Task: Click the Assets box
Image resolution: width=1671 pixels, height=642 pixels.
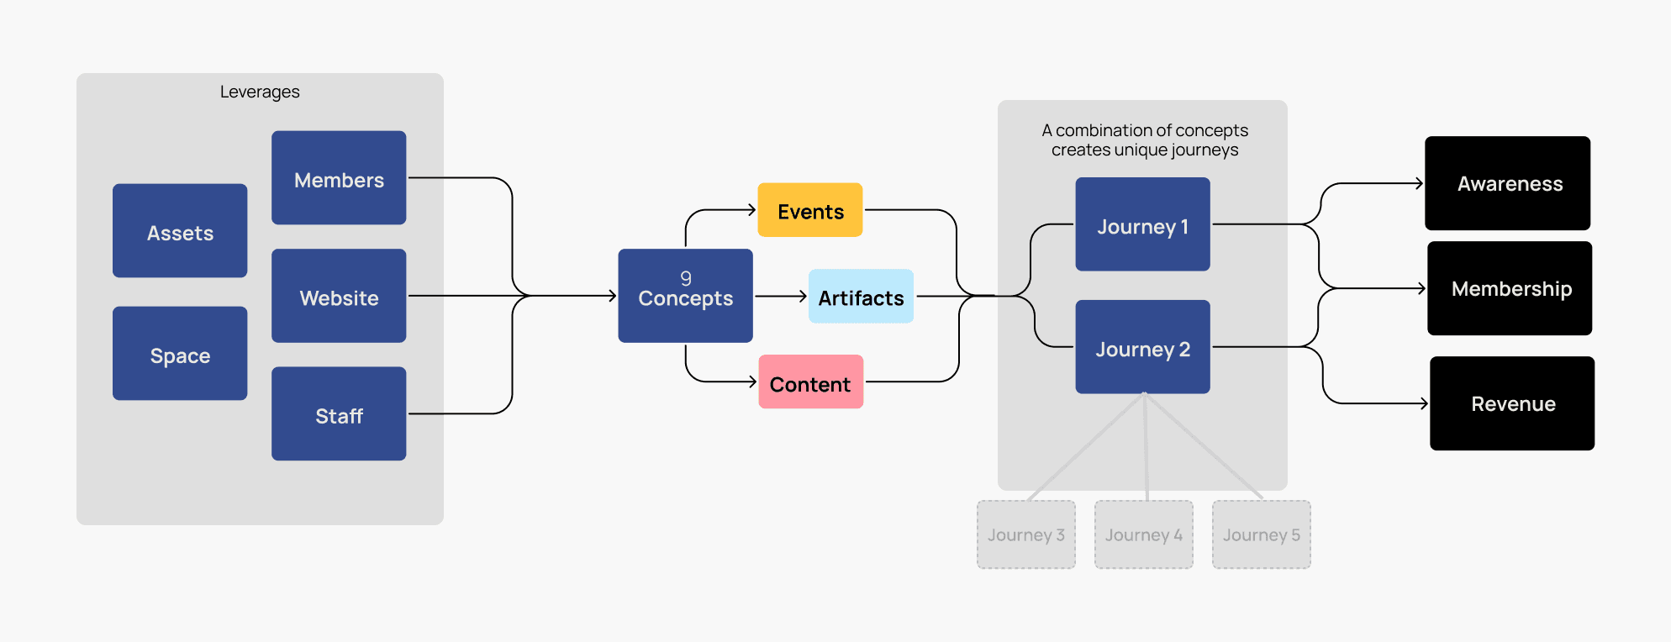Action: pos(180,231)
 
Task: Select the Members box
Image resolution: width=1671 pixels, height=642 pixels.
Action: pos(339,178)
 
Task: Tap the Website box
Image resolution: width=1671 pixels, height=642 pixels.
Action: pos(339,296)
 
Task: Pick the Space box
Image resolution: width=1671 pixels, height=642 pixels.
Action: pos(180,354)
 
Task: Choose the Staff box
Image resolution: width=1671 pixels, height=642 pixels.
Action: pos(339,414)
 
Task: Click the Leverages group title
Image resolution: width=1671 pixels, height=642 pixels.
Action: pos(260,92)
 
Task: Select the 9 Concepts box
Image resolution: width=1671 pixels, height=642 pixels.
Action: pos(685,296)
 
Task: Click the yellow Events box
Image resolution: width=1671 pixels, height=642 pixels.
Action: pos(810,210)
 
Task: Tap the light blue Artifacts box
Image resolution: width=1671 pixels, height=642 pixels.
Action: pos(861,297)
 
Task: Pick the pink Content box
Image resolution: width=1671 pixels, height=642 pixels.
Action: pos(810,382)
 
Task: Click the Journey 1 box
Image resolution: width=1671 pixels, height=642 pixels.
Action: pos(1142,224)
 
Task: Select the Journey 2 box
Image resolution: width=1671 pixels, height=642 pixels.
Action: pos(1142,347)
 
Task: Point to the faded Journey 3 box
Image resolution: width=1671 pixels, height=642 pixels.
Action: pos(1025,535)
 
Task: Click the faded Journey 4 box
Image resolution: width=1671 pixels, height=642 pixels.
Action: pos(1143,535)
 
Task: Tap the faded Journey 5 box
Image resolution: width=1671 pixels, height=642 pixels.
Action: pos(1261,535)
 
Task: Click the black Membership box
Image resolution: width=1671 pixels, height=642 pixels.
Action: pos(1510,288)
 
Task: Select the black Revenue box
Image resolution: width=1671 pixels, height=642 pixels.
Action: pos(1512,403)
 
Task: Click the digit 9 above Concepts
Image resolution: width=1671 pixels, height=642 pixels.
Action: pos(686,278)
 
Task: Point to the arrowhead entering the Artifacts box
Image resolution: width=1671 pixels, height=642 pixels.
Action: pos(804,296)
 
